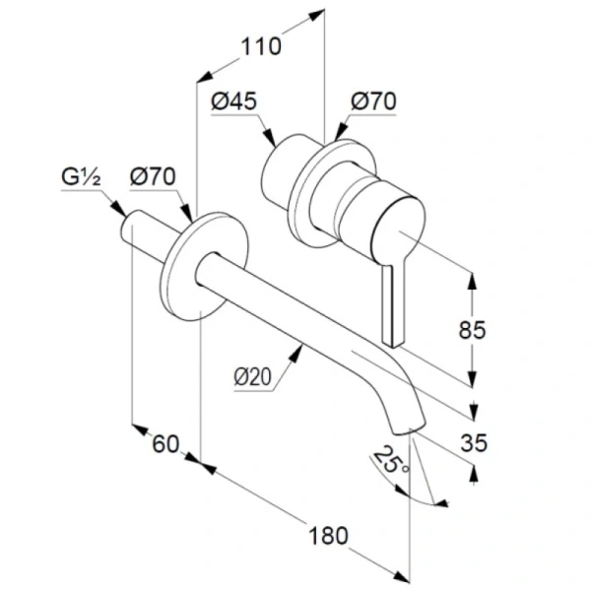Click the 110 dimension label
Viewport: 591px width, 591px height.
point(261,46)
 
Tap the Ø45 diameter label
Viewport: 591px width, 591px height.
point(234,101)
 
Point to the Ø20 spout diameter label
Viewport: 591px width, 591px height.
point(252,376)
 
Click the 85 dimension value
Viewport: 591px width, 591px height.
point(472,330)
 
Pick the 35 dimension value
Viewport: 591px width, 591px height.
point(474,442)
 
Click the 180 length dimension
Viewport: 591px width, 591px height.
point(328,536)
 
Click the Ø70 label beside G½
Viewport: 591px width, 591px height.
point(153,176)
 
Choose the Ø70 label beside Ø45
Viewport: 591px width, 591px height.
point(373,101)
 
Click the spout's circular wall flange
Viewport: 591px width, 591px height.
point(205,267)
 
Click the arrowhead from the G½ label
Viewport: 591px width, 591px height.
point(119,209)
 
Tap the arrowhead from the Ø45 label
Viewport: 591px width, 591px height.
point(269,138)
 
